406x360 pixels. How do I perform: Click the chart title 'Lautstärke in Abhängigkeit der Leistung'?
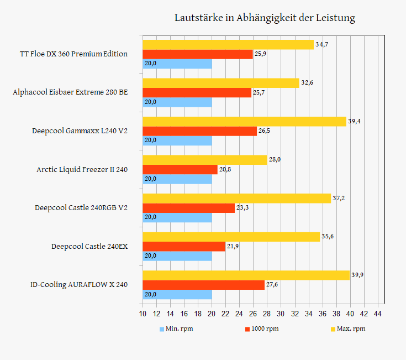point(265,18)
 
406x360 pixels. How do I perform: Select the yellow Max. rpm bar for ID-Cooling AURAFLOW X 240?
point(246,275)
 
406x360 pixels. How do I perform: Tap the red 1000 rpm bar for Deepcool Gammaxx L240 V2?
point(200,131)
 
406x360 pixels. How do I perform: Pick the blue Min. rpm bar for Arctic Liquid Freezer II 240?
point(177,179)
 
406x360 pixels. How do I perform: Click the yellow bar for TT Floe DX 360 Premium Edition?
point(228,44)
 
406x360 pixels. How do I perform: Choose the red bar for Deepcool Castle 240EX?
point(184,247)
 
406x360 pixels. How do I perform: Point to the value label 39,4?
point(355,121)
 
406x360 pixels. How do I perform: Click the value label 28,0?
point(275,159)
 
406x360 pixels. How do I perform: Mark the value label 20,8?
point(225,169)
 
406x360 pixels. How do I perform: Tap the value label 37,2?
point(339,198)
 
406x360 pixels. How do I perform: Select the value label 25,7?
point(260,92)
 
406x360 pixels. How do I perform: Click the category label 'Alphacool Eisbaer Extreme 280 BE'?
point(70,92)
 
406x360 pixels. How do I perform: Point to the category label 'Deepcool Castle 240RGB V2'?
point(81,208)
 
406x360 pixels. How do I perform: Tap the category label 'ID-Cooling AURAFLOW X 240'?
point(79,285)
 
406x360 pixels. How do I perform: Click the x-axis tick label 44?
point(378,314)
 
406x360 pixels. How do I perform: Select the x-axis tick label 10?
point(143,314)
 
